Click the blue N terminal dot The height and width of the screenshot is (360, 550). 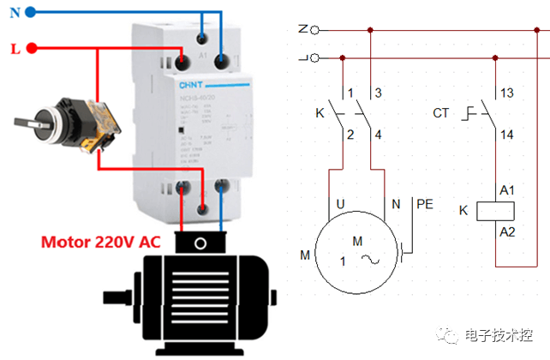30,13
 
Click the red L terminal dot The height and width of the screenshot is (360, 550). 32,48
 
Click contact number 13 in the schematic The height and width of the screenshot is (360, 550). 507,93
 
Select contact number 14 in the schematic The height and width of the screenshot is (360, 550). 507,135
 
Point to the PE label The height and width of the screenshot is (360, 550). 425,204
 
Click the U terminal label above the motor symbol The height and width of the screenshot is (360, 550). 340,204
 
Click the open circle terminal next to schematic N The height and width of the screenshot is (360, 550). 314,30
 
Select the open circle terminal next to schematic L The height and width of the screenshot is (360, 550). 314,58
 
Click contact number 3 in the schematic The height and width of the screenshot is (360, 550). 377,93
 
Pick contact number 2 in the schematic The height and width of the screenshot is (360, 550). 350,134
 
